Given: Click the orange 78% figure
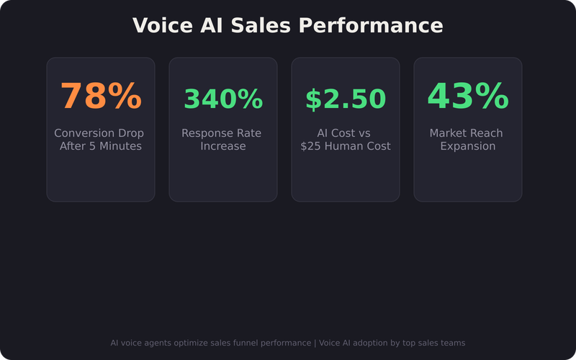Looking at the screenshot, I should tap(101, 97).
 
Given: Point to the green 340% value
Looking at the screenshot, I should tap(223, 99).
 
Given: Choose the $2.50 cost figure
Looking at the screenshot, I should tap(346, 99).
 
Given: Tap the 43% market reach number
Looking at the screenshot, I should tap(468, 97).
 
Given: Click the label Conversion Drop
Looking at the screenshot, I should tap(99, 133).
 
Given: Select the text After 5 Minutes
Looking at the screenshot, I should tap(101, 146).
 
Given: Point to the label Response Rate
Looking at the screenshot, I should tap(222, 133).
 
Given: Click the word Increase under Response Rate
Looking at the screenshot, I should tap(223, 146).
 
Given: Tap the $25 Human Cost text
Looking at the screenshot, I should tap(346, 146).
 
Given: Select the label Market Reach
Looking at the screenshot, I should tap(467, 133).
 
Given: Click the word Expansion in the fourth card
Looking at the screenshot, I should tap(468, 146).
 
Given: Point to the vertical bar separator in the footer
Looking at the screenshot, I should tap(315, 343).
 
